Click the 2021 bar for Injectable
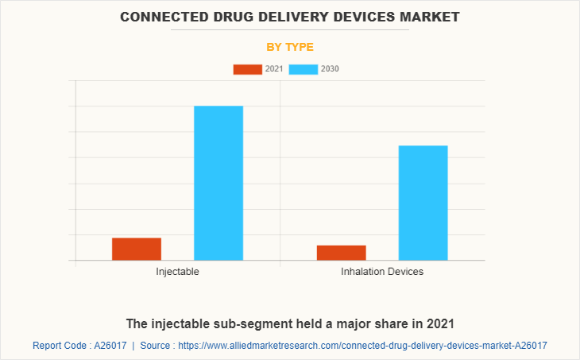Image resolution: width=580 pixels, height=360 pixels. click(x=137, y=249)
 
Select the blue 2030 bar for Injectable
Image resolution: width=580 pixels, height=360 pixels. click(x=218, y=183)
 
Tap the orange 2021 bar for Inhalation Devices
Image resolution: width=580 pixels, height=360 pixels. click(x=342, y=253)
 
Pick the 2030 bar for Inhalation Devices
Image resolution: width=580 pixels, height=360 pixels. click(x=423, y=203)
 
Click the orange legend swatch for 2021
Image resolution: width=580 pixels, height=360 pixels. click(x=247, y=69)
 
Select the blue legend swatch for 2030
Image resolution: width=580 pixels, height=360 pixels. click(x=304, y=69)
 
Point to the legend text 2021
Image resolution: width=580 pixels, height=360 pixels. click(x=274, y=69)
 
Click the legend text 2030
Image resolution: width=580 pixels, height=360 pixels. click(x=330, y=69)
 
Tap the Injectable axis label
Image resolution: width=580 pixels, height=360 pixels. click(x=177, y=272)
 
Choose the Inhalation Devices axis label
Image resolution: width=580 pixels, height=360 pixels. click(x=382, y=272)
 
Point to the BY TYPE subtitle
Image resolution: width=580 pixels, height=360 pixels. click(x=290, y=47)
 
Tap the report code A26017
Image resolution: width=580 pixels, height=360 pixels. click(x=110, y=346)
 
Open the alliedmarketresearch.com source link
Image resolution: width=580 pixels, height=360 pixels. click(x=362, y=346)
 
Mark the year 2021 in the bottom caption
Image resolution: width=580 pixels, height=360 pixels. click(x=440, y=324)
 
